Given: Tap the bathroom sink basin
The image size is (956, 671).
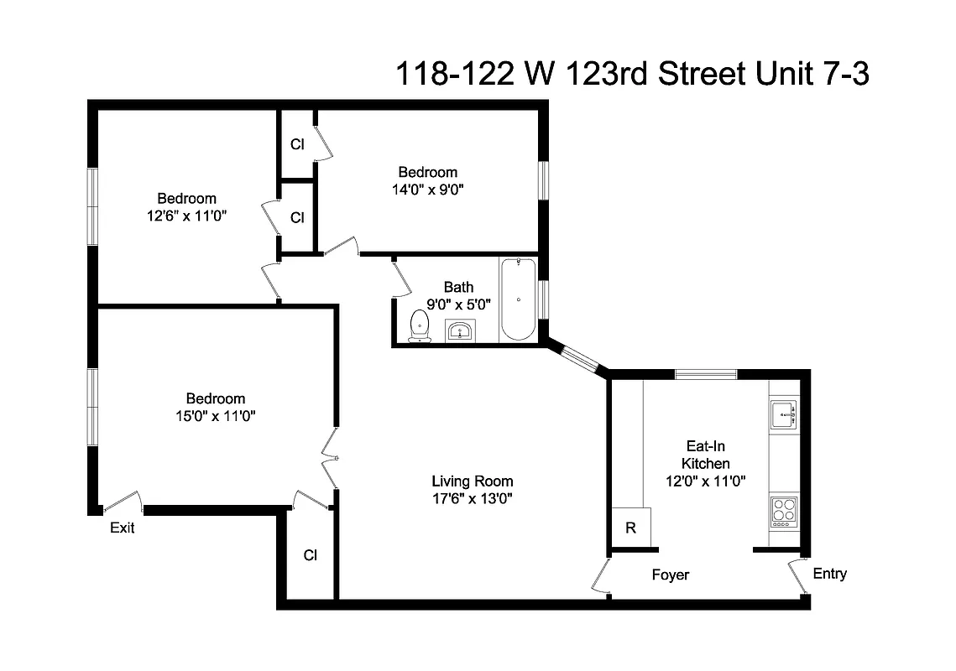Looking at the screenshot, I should point(458,332).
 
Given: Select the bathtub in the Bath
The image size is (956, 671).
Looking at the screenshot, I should point(517,299).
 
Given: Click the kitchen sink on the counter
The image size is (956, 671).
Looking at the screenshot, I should point(783,414).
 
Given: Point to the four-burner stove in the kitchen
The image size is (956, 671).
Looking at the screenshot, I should point(784,511).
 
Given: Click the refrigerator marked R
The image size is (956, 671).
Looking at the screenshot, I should point(630,528).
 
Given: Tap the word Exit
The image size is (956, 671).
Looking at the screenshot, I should point(123,528).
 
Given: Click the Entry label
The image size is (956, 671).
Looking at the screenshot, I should point(829,574).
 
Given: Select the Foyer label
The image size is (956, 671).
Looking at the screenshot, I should point(671,575).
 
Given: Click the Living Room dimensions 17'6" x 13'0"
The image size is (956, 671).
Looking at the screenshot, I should point(472,498).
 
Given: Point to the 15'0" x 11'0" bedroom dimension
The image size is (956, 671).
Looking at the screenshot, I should point(216,415).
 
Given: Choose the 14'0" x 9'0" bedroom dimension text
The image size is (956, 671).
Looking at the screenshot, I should point(427,190).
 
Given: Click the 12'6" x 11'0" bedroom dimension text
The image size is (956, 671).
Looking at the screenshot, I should point(186,216).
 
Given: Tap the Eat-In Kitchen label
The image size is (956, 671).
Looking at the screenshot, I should point(705,455).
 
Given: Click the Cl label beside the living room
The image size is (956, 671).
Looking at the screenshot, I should point(310,554).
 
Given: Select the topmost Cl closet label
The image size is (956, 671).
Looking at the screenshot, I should point(297,143).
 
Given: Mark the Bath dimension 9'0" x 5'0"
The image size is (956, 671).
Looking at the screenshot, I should point(458,304).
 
